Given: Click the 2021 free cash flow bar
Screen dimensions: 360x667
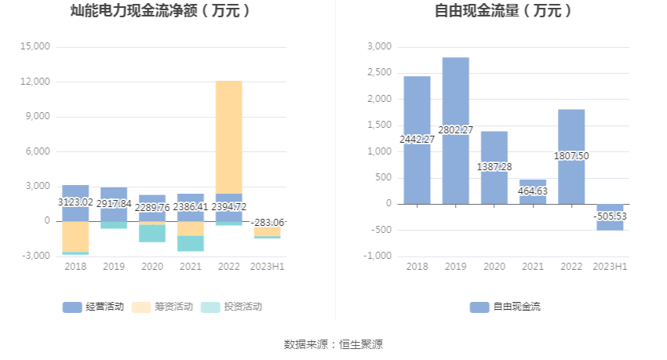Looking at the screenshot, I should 533,191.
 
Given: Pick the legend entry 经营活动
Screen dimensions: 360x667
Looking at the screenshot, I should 94,307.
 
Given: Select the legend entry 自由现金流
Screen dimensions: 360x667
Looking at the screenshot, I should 506,307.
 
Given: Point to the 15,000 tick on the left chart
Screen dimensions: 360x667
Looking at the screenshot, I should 35,47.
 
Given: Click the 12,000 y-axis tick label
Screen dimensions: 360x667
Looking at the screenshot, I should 35,82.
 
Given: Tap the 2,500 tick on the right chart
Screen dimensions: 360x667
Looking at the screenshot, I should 379,73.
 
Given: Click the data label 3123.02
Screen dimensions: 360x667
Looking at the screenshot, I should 75,202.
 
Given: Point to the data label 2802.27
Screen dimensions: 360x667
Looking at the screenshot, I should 455,129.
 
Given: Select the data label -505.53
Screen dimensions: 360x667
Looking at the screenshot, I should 610,216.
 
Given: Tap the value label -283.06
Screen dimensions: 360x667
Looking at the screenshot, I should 268,222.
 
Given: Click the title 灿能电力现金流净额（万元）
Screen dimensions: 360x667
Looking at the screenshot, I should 160,11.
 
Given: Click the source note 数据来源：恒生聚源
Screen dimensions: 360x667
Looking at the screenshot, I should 333,344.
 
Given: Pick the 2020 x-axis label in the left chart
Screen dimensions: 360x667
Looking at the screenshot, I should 152,267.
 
